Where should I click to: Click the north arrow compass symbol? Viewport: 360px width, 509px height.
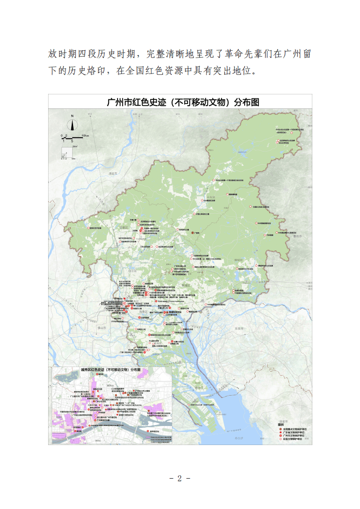(x=72, y=123)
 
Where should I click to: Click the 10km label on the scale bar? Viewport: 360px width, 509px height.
(x=85, y=136)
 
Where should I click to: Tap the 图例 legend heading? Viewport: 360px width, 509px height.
(x=282, y=425)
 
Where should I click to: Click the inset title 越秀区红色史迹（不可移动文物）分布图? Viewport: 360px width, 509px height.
(x=111, y=370)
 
